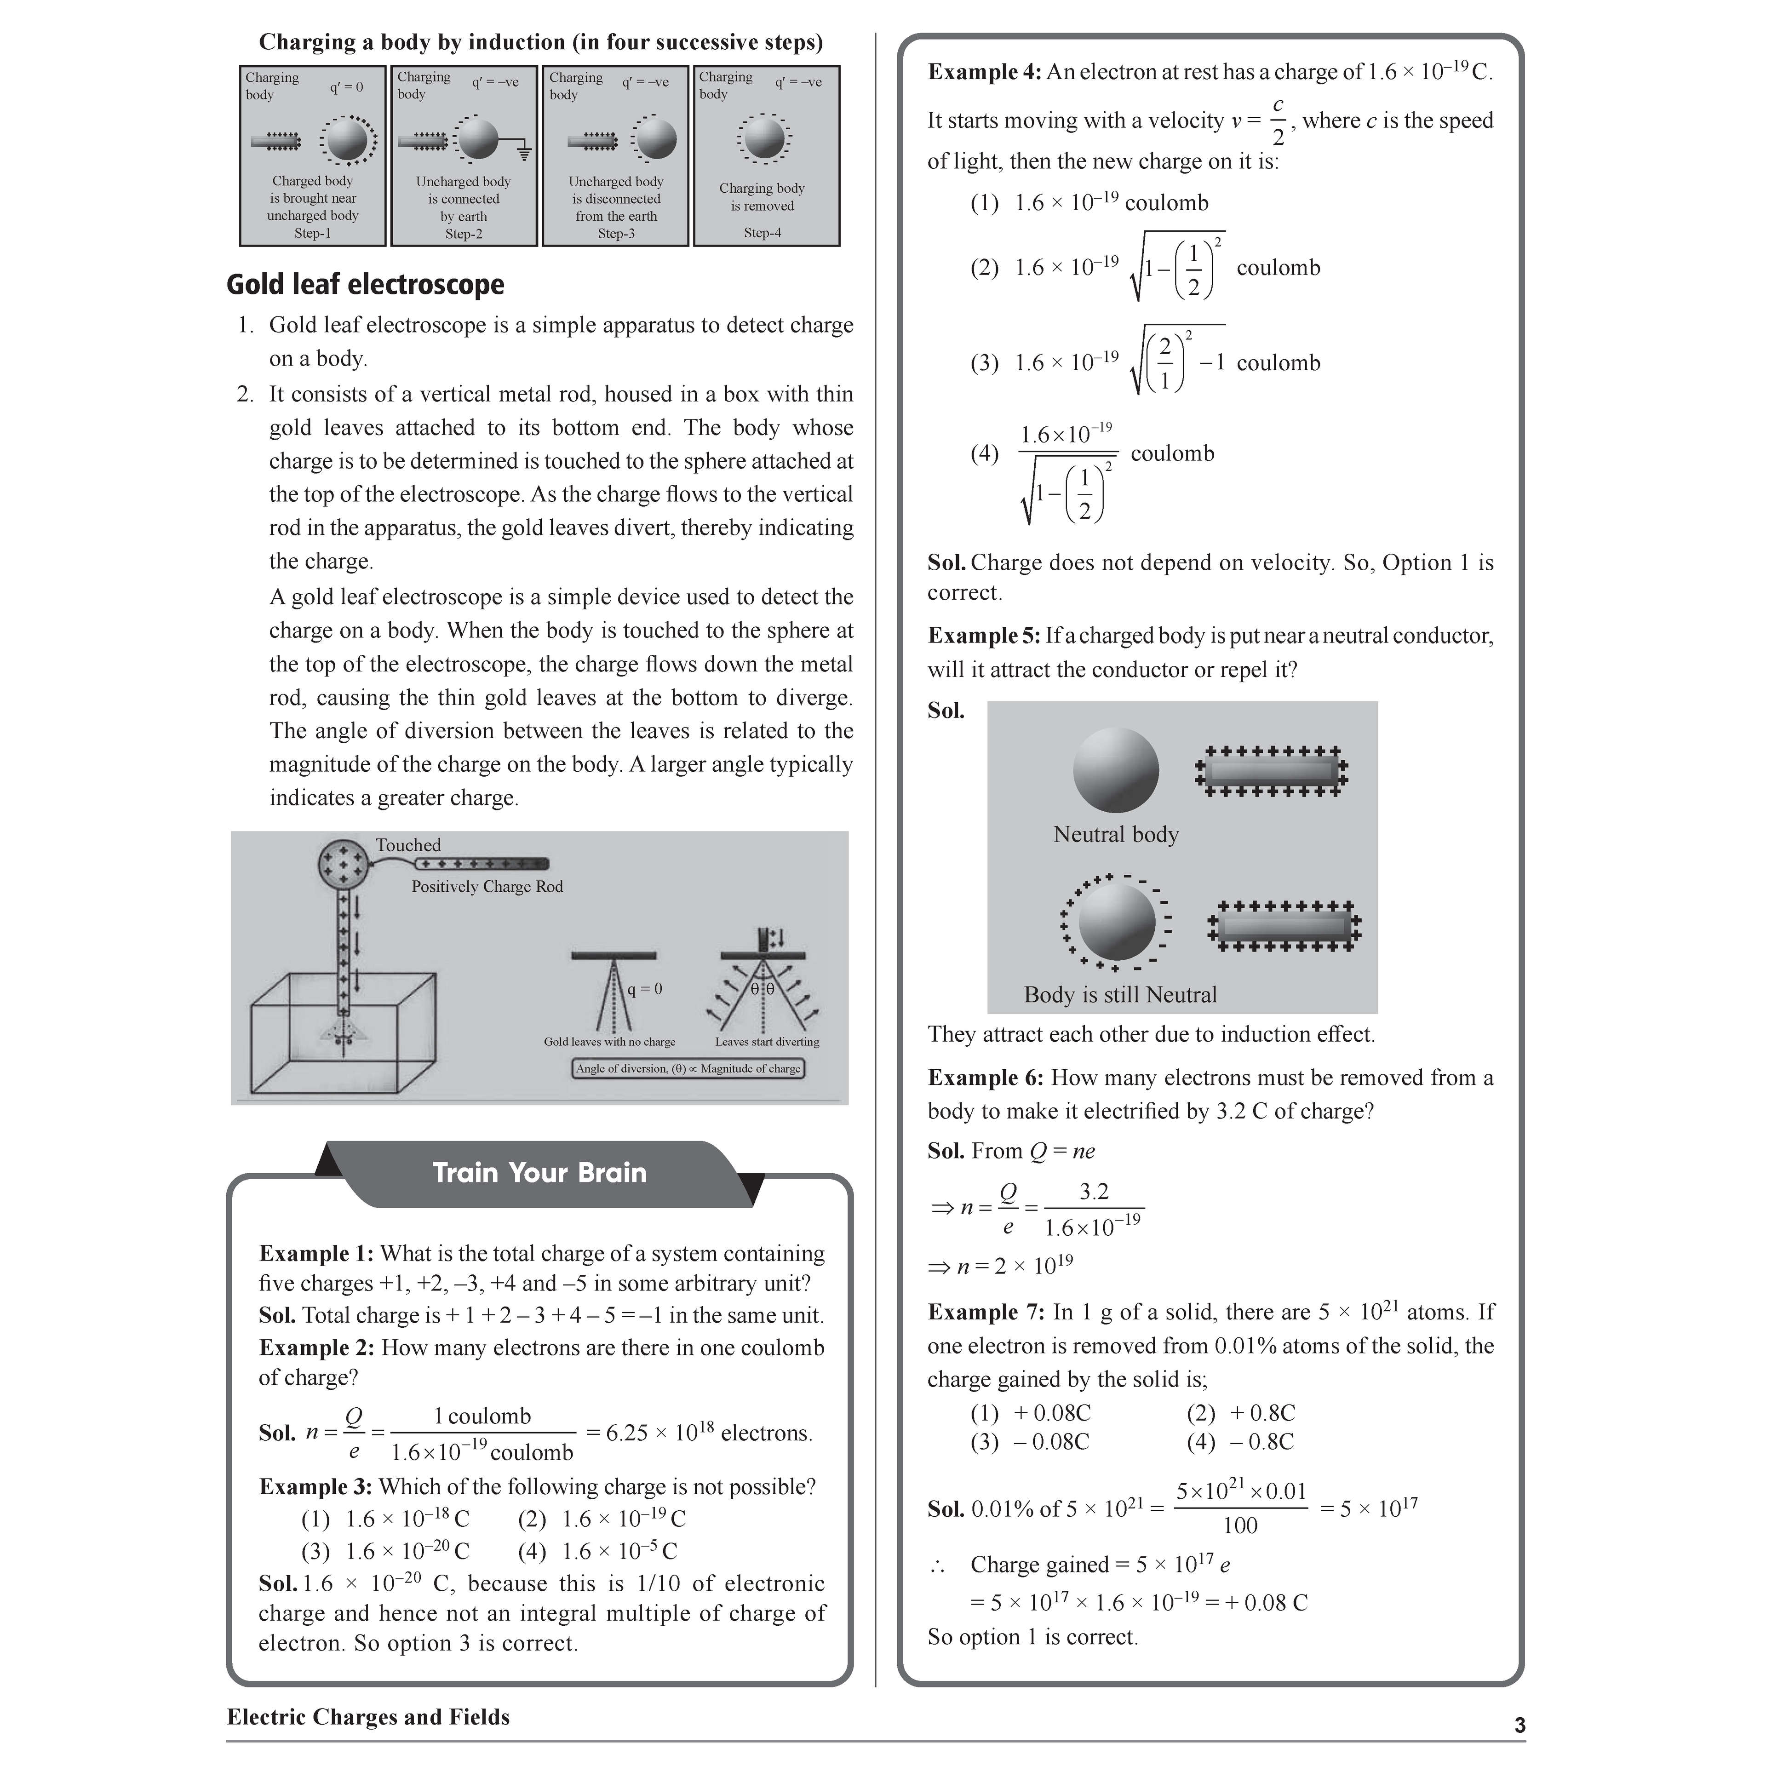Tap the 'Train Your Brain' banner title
click(x=539, y=1173)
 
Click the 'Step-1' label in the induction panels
click(x=313, y=233)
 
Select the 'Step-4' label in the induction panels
click(x=763, y=233)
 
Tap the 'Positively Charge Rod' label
click(x=487, y=887)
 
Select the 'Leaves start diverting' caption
click(x=767, y=1042)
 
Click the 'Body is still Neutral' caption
click(x=1120, y=995)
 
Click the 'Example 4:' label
click(x=984, y=72)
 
